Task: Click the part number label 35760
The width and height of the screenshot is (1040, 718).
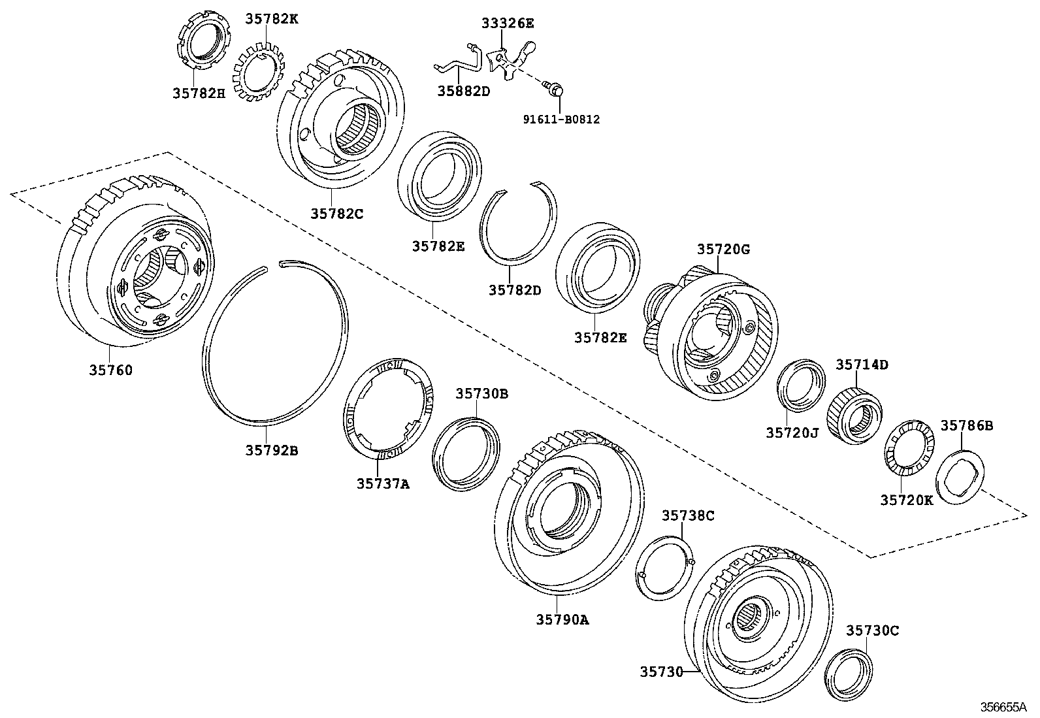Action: [110, 370]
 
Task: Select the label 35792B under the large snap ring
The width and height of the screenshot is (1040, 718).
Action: [272, 450]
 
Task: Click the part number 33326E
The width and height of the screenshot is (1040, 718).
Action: [508, 24]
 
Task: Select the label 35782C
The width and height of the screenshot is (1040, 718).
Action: [336, 212]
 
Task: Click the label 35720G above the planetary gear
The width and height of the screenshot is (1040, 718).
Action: [723, 249]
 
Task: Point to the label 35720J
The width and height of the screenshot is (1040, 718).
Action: [792, 432]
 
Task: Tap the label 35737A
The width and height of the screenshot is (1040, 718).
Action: [383, 483]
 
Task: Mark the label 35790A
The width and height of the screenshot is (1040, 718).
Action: [562, 619]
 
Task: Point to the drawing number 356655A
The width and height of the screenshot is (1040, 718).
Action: [1003, 708]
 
